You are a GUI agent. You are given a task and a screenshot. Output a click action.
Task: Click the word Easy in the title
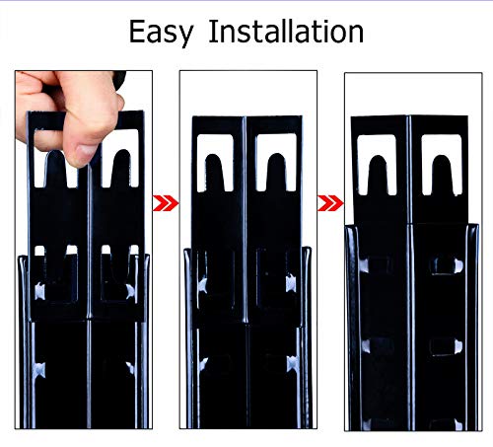pyautogui.click(x=161, y=33)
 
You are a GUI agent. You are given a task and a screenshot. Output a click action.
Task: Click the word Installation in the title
pyautogui.click(x=286, y=32)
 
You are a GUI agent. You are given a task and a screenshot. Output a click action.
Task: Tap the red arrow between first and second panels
pyautogui.click(x=166, y=203)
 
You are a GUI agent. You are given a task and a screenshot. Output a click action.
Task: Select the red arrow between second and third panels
pyautogui.click(x=330, y=203)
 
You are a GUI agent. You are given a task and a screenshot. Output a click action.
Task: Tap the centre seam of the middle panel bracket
pyautogui.click(x=245, y=219)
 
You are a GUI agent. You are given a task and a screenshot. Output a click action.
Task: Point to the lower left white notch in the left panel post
pyautogui.click(x=39, y=370)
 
